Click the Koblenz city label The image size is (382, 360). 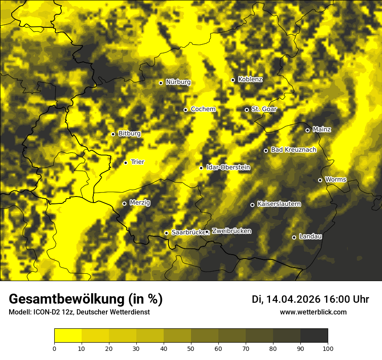[x=250, y=79]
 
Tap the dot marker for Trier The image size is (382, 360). [x=125, y=163]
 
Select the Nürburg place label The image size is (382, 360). [x=178, y=82]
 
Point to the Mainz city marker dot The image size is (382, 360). [x=307, y=130]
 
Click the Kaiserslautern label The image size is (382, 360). [x=279, y=204]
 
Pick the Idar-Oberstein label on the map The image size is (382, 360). [x=228, y=167]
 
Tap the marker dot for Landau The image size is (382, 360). [x=294, y=237]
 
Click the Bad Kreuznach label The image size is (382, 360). [x=293, y=150]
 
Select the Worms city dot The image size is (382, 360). [x=320, y=180]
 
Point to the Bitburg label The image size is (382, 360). [x=129, y=134]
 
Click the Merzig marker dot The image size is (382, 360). [x=124, y=203]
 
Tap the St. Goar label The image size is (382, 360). [x=264, y=109]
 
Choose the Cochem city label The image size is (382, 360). [x=203, y=109]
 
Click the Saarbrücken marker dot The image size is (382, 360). [x=166, y=233]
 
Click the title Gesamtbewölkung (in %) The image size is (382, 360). [x=86, y=299]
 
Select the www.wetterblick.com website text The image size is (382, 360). [x=313, y=312]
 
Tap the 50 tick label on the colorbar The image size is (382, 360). [x=191, y=348]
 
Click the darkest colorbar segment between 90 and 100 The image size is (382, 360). [x=314, y=336]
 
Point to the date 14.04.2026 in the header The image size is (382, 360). [x=293, y=299]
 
